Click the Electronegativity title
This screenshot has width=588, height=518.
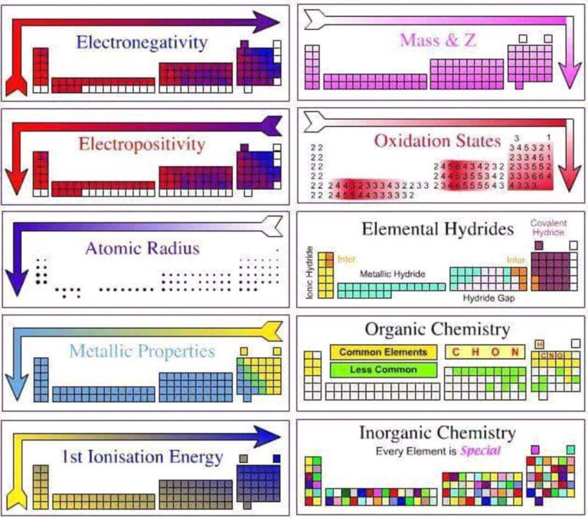(141, 42)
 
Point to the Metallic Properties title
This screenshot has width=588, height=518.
(142, 352)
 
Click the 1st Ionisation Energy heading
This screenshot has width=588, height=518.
(143, 457)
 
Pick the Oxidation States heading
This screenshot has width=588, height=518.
(438, 142)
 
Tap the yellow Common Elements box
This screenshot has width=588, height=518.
(384, 353)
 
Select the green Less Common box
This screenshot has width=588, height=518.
(384, 370)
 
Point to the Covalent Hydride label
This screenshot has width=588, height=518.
(548, 227)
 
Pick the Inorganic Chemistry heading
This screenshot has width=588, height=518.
(437, 433)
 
